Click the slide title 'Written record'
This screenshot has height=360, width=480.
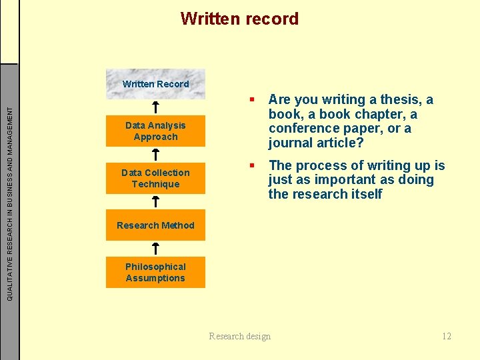click(239, 19)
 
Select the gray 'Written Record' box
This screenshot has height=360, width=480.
click(155, 84)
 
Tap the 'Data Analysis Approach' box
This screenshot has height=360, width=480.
click(155, 131)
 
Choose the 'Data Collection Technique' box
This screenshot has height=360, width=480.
click(155, 179)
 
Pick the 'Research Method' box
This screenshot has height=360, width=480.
click(155, 225)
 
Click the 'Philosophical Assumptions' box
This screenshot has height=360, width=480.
click(155, 273)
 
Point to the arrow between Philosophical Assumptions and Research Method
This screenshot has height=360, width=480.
click(155, 249)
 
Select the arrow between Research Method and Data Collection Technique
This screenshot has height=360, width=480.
click(155, 201)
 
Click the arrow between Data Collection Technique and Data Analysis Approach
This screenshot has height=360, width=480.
click(155, 155)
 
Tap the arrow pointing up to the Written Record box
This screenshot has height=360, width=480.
click(155, 107)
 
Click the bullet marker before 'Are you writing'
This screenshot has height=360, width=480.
click(253, 100)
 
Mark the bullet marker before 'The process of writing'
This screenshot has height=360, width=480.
click(253, 165)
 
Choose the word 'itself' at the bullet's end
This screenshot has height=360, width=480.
click(364, 195)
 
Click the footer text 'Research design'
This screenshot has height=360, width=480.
click(240, 336)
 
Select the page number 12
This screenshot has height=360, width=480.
click(447, 336)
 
